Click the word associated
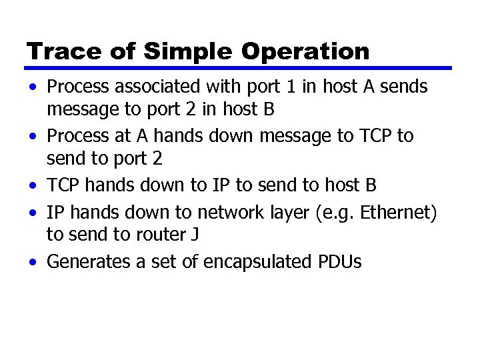pos(161,87)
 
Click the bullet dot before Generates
pos(32,262)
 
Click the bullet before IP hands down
pos(32,213)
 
